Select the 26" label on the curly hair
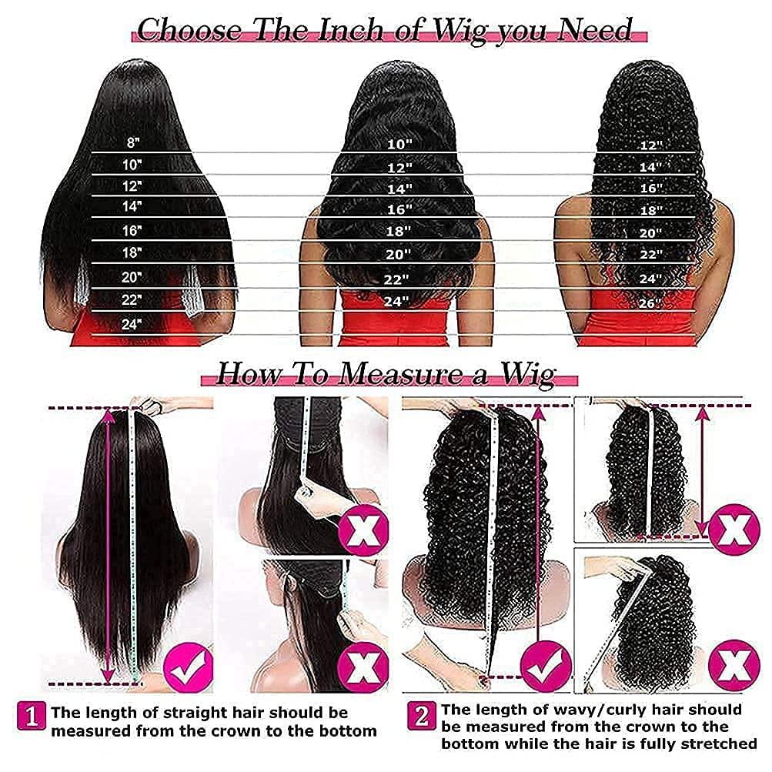click(650, 303)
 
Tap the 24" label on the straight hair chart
click(132, 324)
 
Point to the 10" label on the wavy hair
click(399, 143)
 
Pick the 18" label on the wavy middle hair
click(399, 230)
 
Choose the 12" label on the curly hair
click(650, 145)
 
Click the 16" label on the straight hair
click(132, 229)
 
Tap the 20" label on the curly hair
click(650, 232)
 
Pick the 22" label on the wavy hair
click(399, 279)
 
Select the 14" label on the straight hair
click(132, 206)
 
